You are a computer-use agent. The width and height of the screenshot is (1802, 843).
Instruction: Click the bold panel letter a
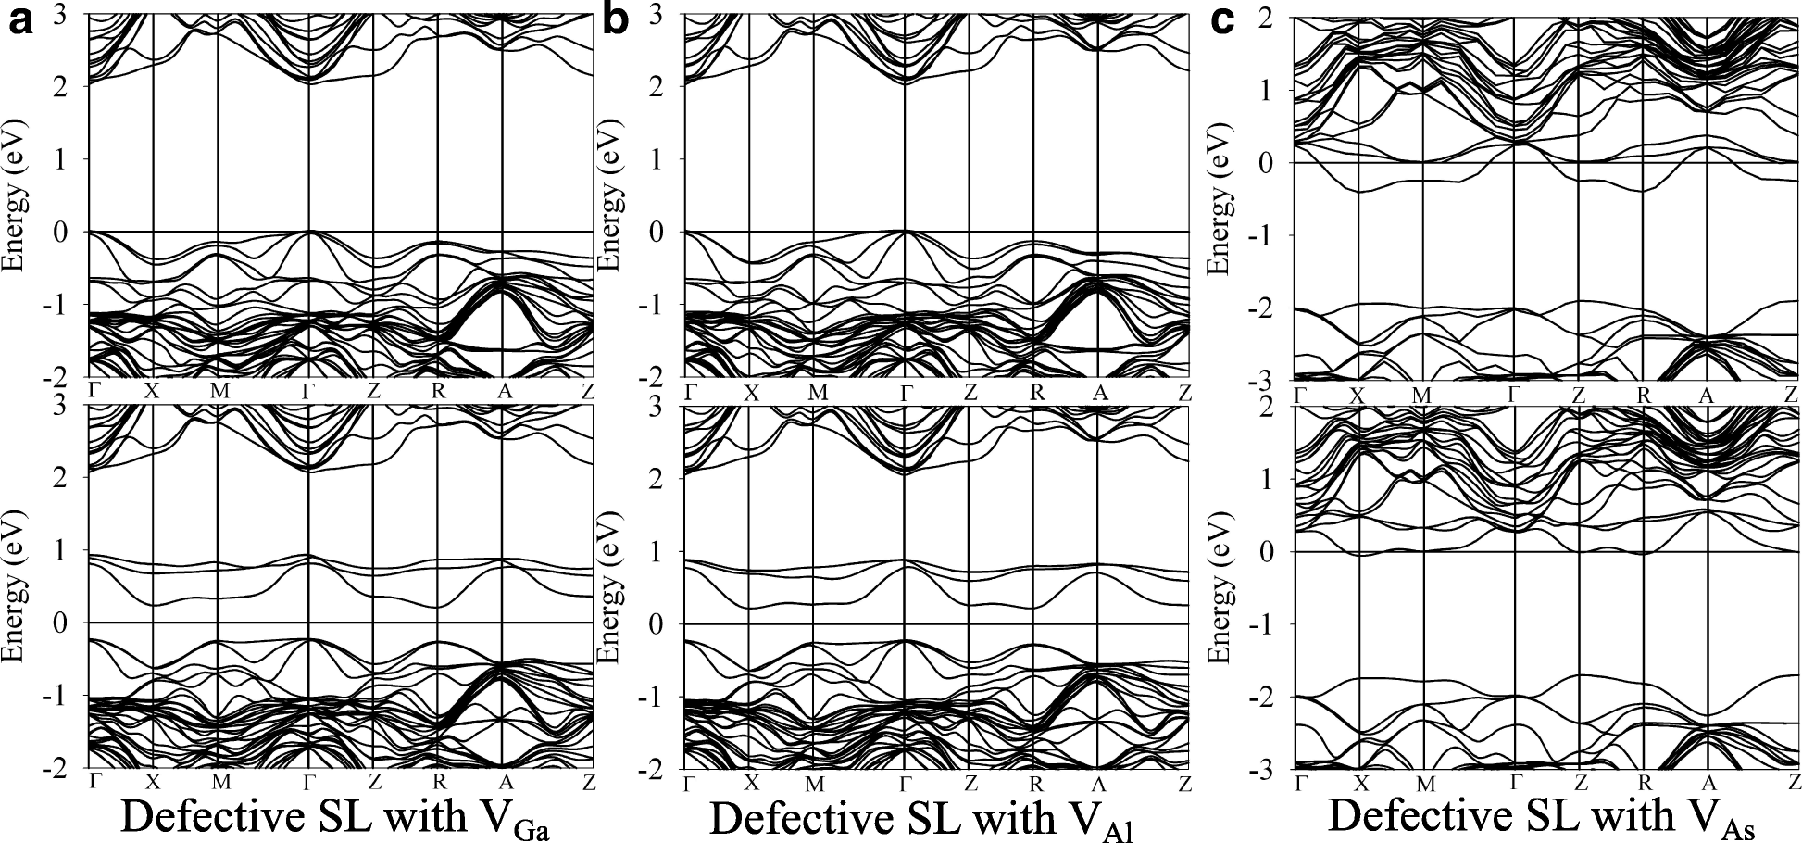pyautogui.click(x=20, y=20)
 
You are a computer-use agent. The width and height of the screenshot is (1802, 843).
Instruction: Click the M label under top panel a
pyautogui.click(x=219, y=391)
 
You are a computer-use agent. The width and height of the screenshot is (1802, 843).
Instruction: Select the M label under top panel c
pyautogui.click(x=1422, y=396)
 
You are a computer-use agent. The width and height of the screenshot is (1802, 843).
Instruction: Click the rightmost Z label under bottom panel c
pyautogui.click(x=1794, y=784)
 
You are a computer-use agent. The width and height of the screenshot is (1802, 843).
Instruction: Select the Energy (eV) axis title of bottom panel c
pyautogui.click(x=1221, y=585)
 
